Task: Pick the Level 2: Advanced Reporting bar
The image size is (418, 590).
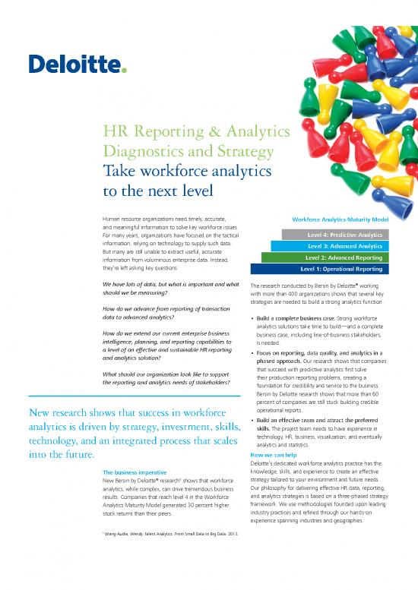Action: click(334, 257)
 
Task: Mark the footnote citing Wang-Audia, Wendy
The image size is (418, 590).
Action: click(159, 535)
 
